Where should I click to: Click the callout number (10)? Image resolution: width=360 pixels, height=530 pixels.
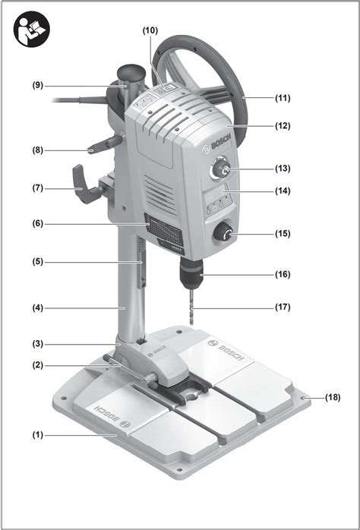pos(150,30)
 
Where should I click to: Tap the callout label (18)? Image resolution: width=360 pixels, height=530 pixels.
pos(333,397)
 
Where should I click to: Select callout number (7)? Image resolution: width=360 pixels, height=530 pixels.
pos(38,188)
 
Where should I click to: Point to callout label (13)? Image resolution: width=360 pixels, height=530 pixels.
pos(283,169)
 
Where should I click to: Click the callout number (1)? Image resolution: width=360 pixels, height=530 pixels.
pos(38,434)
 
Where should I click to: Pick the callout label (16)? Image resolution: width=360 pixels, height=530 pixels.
pos(283,274)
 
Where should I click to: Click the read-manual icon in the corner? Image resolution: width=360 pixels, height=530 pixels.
pos(32,29)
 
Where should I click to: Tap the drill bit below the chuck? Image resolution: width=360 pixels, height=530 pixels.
pos(191,307)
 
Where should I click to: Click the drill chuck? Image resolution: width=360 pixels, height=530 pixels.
pos(191,272)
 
